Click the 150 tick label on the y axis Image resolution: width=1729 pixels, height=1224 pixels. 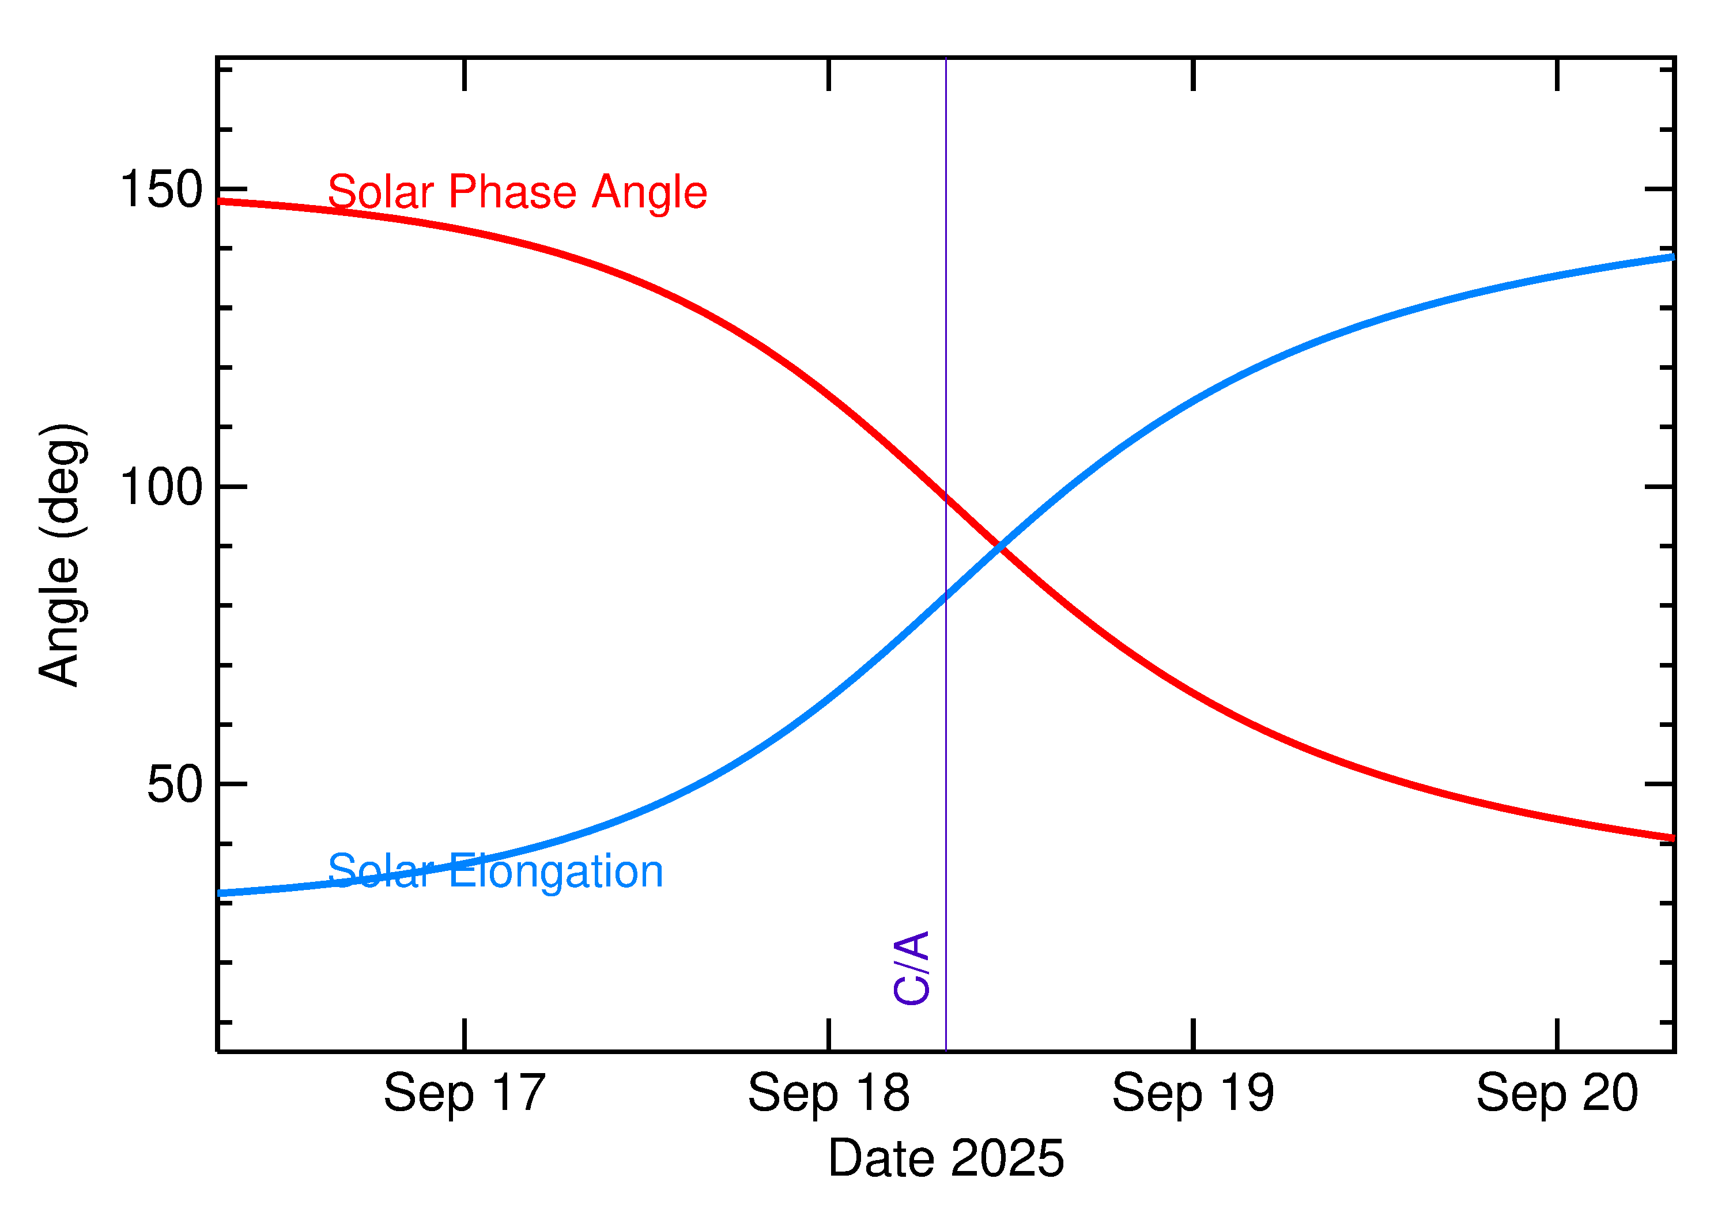(161, 188)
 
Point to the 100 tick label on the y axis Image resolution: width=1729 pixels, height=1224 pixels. (161, 486)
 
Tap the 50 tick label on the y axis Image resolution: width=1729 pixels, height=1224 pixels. (175, 784)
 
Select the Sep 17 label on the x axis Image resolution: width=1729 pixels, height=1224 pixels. (465, 1093)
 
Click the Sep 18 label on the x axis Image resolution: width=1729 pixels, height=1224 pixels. (829, 1093)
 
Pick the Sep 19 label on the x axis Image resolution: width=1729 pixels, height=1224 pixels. (1193, 1093)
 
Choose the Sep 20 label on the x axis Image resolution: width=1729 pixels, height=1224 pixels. (1557, 1093)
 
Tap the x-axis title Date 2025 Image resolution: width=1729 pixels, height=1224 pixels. (946, 1158)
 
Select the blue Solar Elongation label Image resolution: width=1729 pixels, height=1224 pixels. (496, 871)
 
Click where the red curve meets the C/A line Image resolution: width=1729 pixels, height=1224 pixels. (946, 497)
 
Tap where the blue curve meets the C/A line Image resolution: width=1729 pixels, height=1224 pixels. (946, 596)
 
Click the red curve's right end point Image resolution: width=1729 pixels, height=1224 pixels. (1673, 838)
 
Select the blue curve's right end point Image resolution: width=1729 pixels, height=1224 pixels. (1673, 257)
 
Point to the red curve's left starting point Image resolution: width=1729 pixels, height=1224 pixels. (218, 201)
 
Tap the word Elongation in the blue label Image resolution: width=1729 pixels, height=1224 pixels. (557, 873)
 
